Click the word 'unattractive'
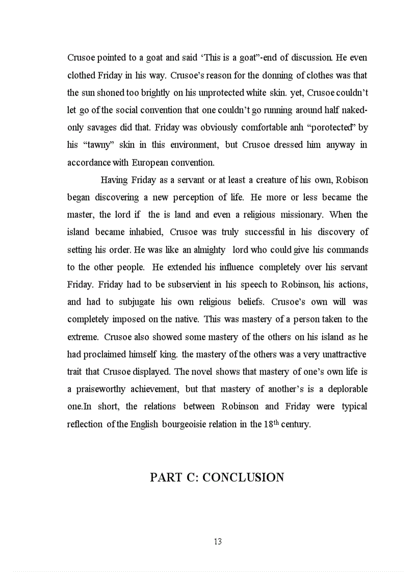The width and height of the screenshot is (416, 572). tap(341, 354)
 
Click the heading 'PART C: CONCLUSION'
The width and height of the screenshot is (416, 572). tap(217, 477)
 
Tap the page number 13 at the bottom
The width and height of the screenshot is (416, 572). tap(218, 541)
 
